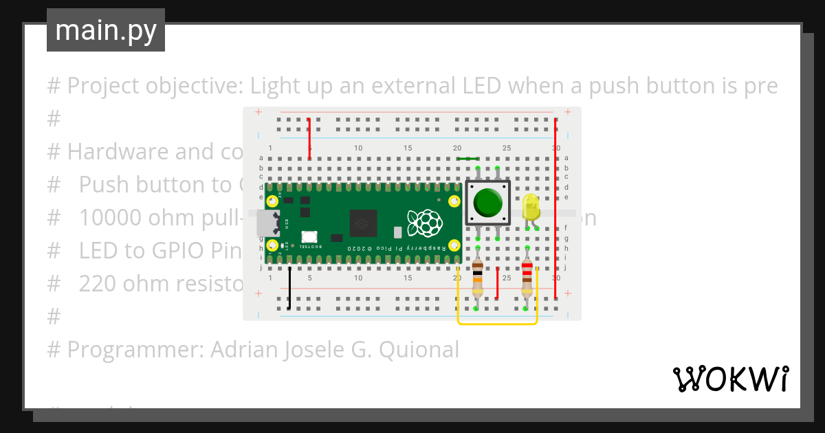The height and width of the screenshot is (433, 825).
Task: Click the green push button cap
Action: [488, 202]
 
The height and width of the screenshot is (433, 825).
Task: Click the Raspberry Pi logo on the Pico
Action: [424, 223]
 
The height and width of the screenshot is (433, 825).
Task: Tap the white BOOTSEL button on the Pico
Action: [308, 236]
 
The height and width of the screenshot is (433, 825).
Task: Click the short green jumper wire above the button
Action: [468, 159]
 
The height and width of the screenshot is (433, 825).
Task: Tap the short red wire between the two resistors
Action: [497, 282]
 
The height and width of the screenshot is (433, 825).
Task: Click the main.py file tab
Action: [106, 30]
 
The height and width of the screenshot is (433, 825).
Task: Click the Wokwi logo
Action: [730, 379]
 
